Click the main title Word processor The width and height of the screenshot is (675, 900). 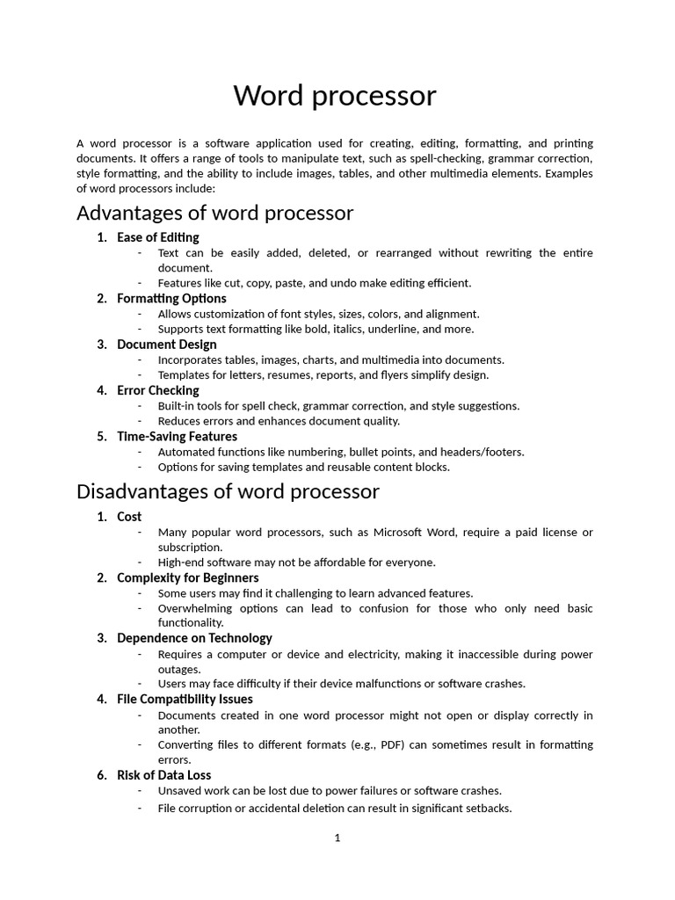pyautogui.click(x=334, y=96)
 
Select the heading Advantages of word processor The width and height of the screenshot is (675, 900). pyautogui.click(x=214, y=213)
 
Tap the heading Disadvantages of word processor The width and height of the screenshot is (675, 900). pyautogui.click(x=228, y=490)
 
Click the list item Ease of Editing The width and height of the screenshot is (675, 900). pyautogui.click(x=158, y=237)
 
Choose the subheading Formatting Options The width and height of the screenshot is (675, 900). pyautogui.click(x=171, y=299)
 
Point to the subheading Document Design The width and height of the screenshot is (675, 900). pyautogui.click(x=167, y=345)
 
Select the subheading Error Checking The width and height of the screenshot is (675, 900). pyautogui.click(x=158, y=390)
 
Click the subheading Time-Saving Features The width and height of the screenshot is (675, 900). pyautogui.click(x=177, y=437)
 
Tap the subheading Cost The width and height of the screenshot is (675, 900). pyautogui.click(x=129, y=517)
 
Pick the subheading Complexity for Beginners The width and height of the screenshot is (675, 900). pyautogui.click(x=188, y=577)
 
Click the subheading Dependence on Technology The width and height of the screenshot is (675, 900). pyautogui.click(x=194, y=638)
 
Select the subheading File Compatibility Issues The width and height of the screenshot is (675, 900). pyautogui.click(x=185, y=700)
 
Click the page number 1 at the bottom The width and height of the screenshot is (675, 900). pyautogui.click(x=337, y=838)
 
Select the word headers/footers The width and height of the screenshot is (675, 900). pyautogui.click(x=489, y=452)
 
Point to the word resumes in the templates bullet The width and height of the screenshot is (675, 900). pyautogui.click(x=286, y=375)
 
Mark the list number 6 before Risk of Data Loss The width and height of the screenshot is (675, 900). pyautogui.click(x=101, y=775)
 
